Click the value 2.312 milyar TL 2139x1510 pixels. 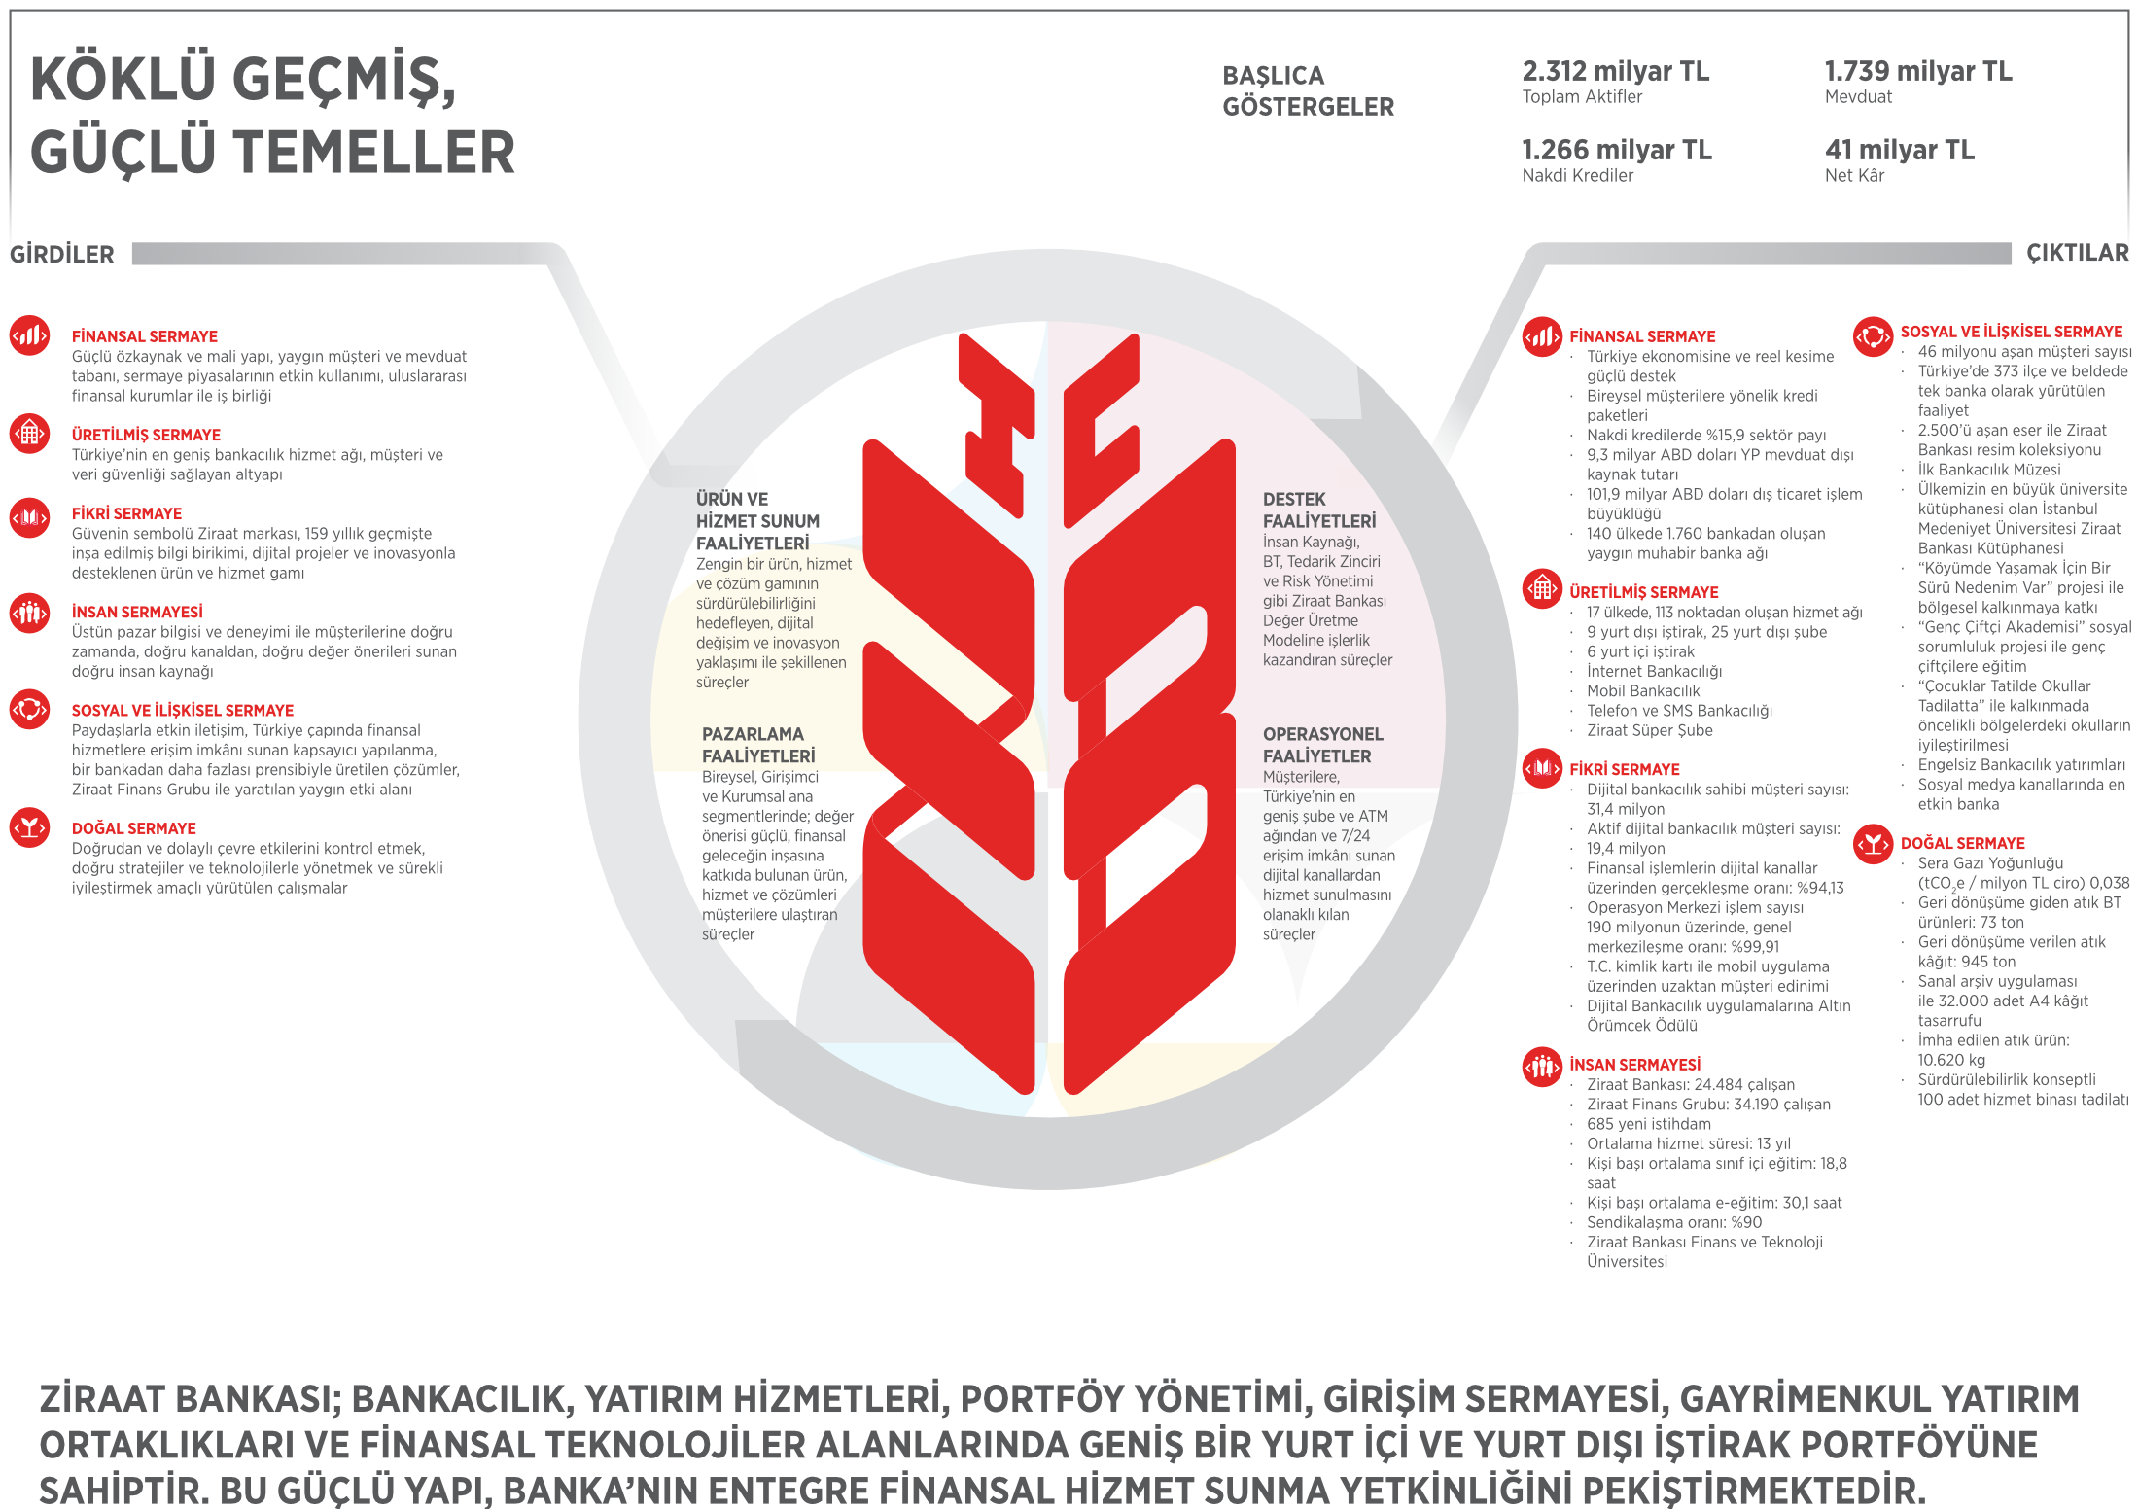1615,71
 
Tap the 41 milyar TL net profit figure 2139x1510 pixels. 1899,150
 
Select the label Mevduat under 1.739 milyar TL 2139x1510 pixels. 1858,97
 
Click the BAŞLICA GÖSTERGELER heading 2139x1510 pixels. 1308,91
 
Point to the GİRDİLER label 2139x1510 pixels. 62,255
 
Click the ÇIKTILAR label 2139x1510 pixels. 2077,253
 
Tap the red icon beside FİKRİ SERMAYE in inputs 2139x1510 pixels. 30,518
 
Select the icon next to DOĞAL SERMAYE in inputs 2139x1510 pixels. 30,827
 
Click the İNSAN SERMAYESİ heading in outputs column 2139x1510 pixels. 1634,1065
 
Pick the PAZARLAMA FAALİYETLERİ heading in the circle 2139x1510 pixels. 758,745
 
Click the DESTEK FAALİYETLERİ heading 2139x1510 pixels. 1318,510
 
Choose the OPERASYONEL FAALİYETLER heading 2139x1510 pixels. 1322,745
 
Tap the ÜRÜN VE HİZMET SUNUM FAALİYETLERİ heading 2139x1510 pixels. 757,521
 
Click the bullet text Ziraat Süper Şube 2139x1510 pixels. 1649,730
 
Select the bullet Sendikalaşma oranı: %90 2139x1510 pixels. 1673,1222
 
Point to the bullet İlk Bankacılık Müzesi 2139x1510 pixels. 1988,470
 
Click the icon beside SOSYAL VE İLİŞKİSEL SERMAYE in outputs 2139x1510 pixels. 1873,336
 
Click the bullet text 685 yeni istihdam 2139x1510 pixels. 1649,1124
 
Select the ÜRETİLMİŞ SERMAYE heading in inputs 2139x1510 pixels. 146,435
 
